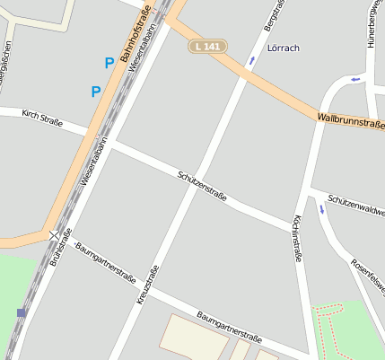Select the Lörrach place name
(283, 47)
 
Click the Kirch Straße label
(42, 117)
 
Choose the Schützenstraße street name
(202, 184)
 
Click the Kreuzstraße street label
(152, 287)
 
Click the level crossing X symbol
(55, 235)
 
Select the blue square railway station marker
(21, 312)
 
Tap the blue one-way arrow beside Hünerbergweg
(356, 79)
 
